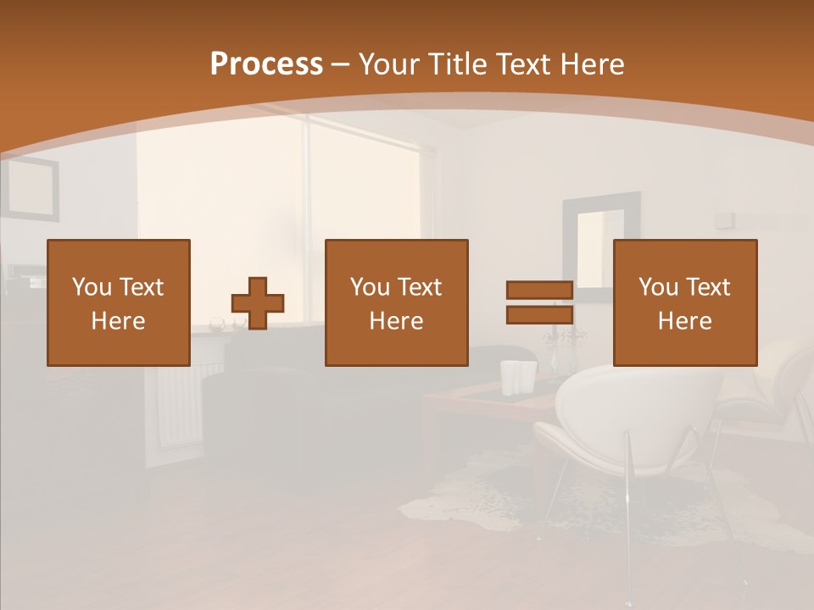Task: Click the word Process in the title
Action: pyautogui.click(x=266, y=64)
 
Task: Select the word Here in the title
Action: pyautogui.click(x=588, y=64)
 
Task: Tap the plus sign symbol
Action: pyautogui.click(x=258, y=303)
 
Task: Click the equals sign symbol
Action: pyautogui.click(x=539, y=302)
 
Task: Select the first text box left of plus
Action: pyautogui.click(x=119, y=302)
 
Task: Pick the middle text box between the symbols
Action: pyautogui.click(x=396, y=302)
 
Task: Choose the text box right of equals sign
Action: pyautogui.click(x=685, y=302)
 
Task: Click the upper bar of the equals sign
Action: pyautogui.click(x=539, y=291)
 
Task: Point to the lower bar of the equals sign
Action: pyautogui.click(x=539, y=314)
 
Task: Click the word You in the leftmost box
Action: pyautogui.click(x=92, y=287)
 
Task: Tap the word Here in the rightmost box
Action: pyautogui.click(x=685, y=321)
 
